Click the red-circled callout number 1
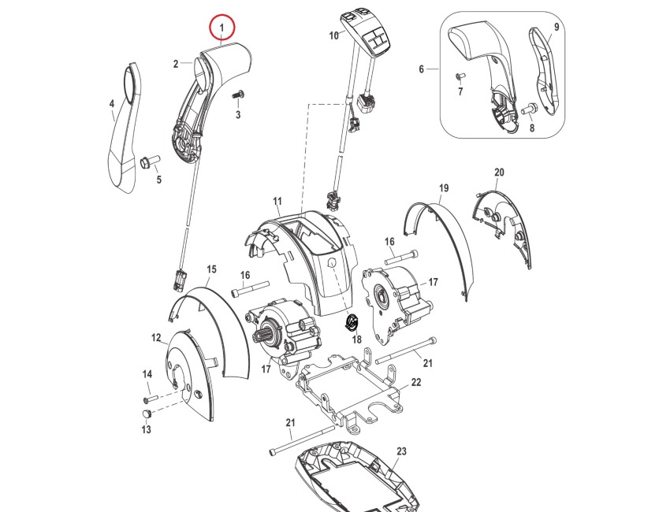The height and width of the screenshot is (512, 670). click(x=222, y=28)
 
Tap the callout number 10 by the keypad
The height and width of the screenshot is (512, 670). click(x=333, y=35)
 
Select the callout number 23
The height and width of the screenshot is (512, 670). click(x=401, y=451)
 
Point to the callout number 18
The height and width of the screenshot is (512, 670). click(x=356, y=339)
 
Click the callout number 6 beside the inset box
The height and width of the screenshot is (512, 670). click(x=422, y=69)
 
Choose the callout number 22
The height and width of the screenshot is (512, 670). click(x=416, y=382)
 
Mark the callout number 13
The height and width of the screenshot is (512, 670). click(x=146, y=430)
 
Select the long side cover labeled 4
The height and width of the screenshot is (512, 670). click(x=122, y=134)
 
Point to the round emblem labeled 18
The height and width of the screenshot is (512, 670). click(x=352, y=322)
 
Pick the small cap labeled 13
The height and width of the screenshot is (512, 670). click(x=147, y=414)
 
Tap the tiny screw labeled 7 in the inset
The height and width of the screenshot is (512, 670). click(x=461, y=76)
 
